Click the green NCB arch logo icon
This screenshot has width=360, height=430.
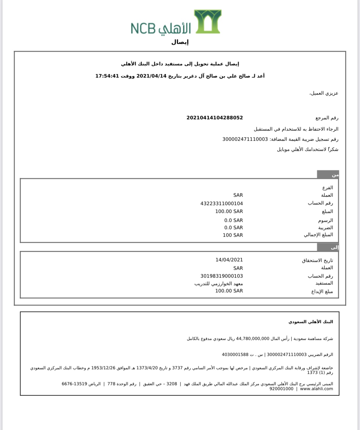(x=208, y=21)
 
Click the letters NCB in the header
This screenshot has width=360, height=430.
(x=143, y=28)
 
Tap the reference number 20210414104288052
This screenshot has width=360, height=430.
(x=214, y=118)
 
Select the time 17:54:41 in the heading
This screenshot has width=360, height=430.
(x=107, y=76)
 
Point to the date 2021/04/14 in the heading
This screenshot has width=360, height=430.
(x=151, y=76)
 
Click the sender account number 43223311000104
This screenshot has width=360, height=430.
(x=221, y=204)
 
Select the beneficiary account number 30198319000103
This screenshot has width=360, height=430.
(x=221, y=276)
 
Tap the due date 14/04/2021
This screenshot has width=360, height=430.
(x=229, y=260)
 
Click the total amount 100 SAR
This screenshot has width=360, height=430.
(x=232, y=235)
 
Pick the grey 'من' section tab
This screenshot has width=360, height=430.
(x=328, y=175)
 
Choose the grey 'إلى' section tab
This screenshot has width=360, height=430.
(x=328, y=247)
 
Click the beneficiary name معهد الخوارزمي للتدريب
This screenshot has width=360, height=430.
(x=219, y=284)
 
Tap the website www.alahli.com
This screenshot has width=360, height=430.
(x=317, y=389)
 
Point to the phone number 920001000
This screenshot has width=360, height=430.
(x=281, y=389)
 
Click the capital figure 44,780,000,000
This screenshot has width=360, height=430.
(x=253, y=338)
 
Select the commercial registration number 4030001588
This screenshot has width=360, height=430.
(x=235, y=354)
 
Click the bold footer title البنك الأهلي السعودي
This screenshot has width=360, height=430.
(x=310, y=322)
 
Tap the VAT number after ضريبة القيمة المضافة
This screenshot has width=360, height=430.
(x=245, y=139)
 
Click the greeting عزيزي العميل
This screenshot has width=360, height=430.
(x=324, y=93)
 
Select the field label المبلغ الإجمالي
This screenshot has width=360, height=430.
(x=318, y=235)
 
